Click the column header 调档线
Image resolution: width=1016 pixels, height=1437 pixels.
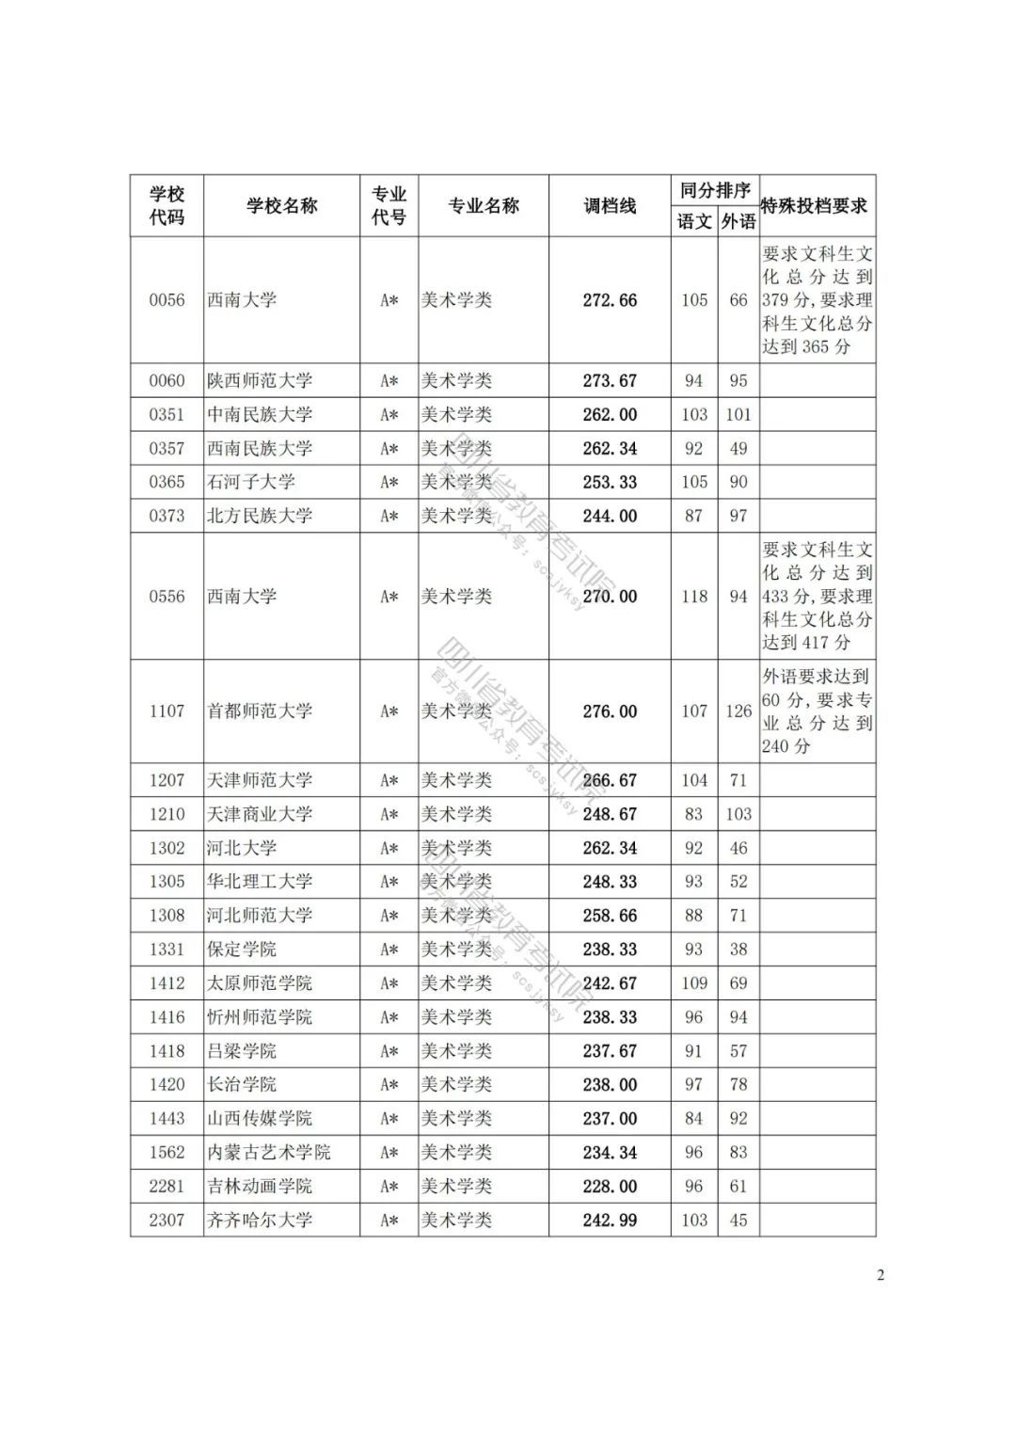pyautogui.click(x=610, y=206)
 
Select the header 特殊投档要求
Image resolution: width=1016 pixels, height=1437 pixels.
pyautogui.click(x=815, y=206)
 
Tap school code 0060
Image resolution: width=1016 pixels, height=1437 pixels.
pyautogui.click(x=167, y=381)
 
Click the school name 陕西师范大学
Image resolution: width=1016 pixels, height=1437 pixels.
pyautogui.click(x=260, y=381)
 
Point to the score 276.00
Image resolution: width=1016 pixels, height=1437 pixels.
pyautogui.click(x=610, y=711)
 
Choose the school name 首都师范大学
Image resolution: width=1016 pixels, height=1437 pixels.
pyautogui.click(x=260, y=711)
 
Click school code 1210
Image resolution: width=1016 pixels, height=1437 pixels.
pyautogui.click(x=167, y=814)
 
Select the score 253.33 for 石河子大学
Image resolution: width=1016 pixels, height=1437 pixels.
pyautogui.click(x=610, y=482)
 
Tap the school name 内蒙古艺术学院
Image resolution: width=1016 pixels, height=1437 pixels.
pyautogui.click(x=269, y=1153)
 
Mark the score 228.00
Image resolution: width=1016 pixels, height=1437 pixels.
pyautogui.click(x=610, y=1187)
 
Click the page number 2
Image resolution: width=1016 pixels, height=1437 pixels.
pyautogui.click(x=881, y=1276)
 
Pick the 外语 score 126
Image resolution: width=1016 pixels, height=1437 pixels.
pyautogui.click(x=738, y=711)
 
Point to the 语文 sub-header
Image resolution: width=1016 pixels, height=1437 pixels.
pyautogui.click(x=694, y=221)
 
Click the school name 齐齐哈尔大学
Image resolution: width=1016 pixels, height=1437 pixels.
pyautogui.click(x=260, y=1221)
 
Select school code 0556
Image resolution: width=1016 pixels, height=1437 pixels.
pyautogui.click(x=167, y=597)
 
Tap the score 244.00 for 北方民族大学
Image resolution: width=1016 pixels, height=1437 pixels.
pyautogui.click(x=610, y=516)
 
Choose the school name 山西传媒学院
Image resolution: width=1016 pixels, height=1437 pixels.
pyautogui.click(x=260, y=1119)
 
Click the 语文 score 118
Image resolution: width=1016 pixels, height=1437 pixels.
pyautogui.click(x=694, y=597)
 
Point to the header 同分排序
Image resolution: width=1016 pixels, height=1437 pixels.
pyautogui.click(x=716, y=190)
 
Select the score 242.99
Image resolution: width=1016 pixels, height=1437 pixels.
pyautogui.click(x=610, y=1221)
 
